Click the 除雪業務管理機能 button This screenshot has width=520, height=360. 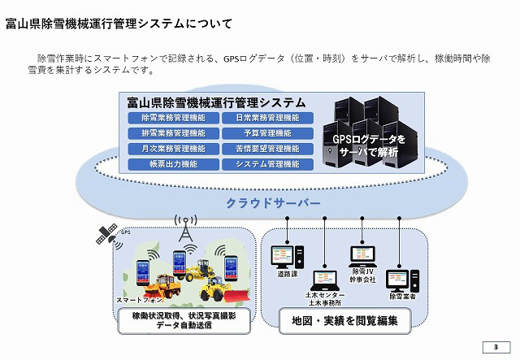(x=172, y=118)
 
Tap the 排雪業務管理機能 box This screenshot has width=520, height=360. (x=172, y=133)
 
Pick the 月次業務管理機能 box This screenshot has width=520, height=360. (x=172, y=149)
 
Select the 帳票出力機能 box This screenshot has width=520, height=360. (x=172, y=164)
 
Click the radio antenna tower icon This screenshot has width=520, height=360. (x=186, y=230)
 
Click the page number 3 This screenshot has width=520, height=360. (x=494, y=347)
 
